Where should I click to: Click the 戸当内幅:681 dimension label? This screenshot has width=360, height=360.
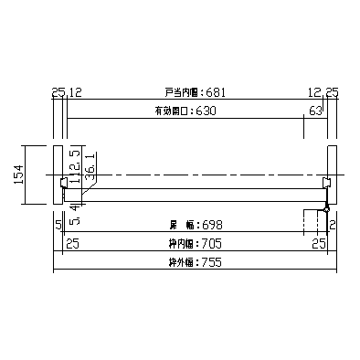195,92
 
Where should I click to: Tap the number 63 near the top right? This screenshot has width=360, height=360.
316,111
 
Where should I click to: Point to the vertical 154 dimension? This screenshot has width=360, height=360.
18,175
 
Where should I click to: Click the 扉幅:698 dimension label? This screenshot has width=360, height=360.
195,224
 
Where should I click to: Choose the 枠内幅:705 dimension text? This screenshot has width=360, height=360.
194,244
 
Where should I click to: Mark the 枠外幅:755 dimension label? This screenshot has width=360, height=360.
195,263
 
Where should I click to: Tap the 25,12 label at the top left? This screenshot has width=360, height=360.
66,92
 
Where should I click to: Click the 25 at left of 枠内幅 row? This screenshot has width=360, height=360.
72,244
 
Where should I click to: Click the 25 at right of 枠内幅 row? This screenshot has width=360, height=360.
318,244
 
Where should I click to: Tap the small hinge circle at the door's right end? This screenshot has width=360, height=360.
325,209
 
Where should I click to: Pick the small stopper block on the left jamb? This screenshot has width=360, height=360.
65,183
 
